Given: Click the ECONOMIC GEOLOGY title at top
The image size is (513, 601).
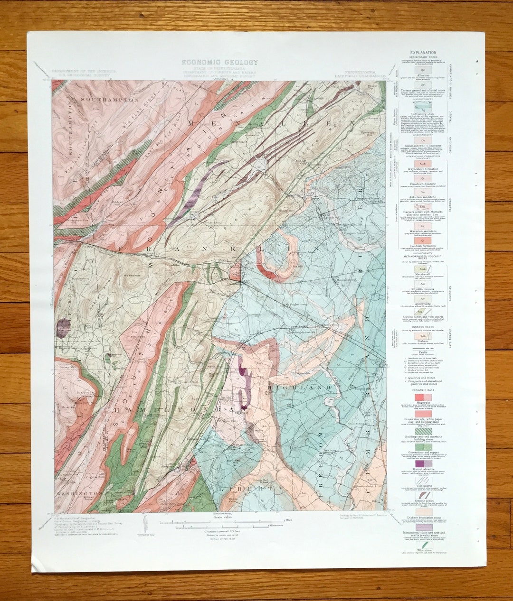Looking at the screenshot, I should [219, 62].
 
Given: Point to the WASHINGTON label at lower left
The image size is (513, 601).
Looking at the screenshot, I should [78, 493].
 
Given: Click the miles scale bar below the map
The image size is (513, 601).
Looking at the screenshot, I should [214, 522].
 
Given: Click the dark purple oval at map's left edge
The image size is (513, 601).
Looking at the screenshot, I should [63, 328].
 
